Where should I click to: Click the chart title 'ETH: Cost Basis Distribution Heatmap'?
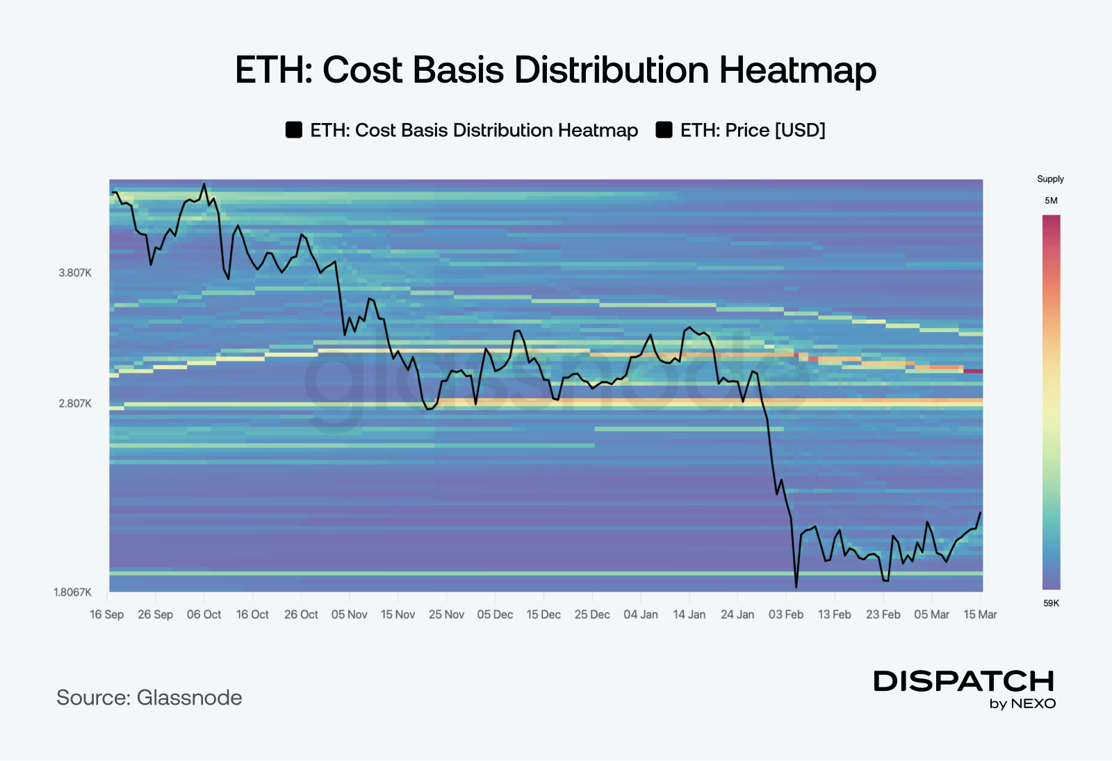click(x=555, y=69)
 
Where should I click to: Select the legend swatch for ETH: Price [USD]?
click(x=664, y=130)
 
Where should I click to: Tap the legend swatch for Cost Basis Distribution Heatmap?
click(x=294, y=130)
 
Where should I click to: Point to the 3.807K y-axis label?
click(x=75, y=273)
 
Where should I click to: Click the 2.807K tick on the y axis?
click(x=75, y=404)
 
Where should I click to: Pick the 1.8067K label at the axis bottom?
click(x=72, y=592)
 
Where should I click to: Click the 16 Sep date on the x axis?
click(x=107, y=614)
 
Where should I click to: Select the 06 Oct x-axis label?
click(x=204, y=614)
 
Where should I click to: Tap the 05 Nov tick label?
click(x=349, y=614)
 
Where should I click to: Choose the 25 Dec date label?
click(x=592, y=614)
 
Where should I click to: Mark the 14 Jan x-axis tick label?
click(x=689, y=614)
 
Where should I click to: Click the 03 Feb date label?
click(x=786, y=614)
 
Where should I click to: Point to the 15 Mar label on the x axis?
click(x=980, y=614)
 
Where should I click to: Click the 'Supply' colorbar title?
click(x=1050, y=179)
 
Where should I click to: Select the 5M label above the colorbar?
click(x=1051, y=201)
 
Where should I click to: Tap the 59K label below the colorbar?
click(x=1051, y=603)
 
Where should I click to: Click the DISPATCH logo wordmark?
click(x=964, y=681)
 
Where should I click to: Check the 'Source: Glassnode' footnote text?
click(x=149, y=697)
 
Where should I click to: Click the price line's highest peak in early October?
click(x=204, y=184)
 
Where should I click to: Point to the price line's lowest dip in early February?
click(x=796, y=587)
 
